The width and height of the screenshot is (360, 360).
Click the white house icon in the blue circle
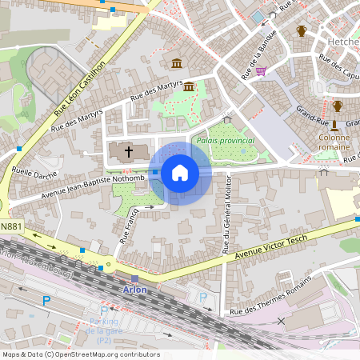pyautogui.click(x=180, y=173)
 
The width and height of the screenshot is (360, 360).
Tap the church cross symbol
pyautogui.click(x=122, y=151)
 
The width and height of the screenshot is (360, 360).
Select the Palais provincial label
pyautogui.click(x=224, y=142)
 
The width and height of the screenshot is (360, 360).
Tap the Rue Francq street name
pyautogui.click(x=128, y=225)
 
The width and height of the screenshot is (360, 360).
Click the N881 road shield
pyautogui.click(x=10, y=226)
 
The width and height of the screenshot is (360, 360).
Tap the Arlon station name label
pyautogui.click(x=134, y=290)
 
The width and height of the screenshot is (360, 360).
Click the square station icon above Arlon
pyautogui.click(x=134, y=278)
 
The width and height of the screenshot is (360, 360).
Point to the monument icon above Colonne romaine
pyautogui.click(x=334, y=125)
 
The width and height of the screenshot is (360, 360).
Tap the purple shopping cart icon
pyautogui.click(x=261, y=70)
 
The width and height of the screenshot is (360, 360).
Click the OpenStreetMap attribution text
pyautogui.click(x=70, y=354)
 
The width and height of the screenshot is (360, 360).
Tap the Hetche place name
pyautogui.click(x=342, y=40)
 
